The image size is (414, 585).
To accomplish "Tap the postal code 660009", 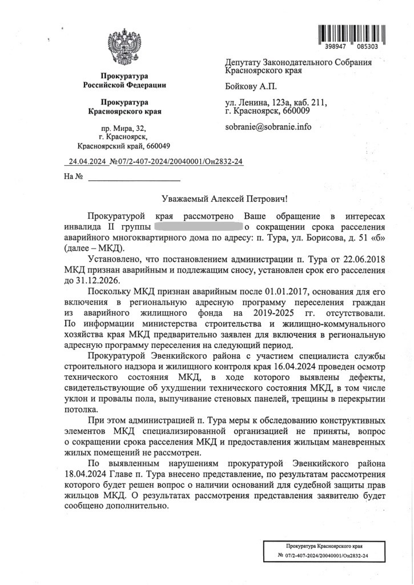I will coord(292,111).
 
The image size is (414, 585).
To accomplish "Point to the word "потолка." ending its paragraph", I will coord(80,410).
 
